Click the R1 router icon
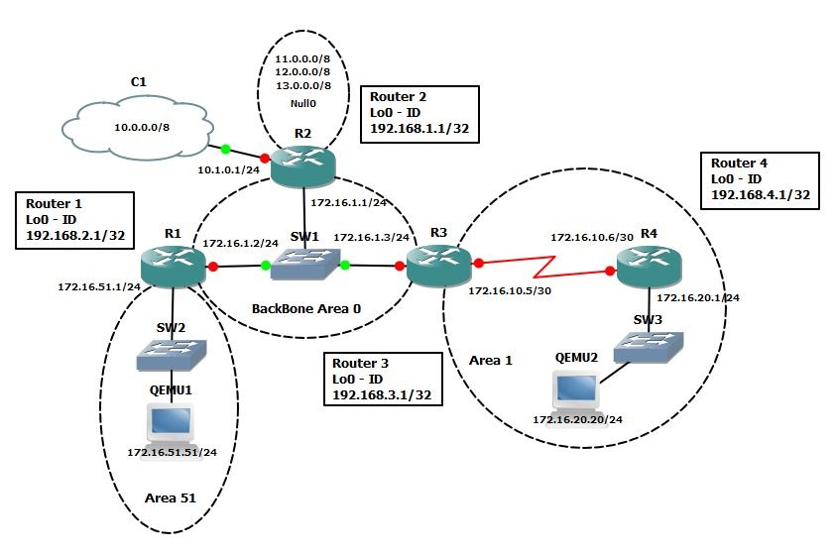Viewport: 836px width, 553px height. click(x=174, y=265)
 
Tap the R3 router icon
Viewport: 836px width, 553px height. click(x=438, y=265)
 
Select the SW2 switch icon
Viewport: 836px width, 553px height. click(x=174, y=349)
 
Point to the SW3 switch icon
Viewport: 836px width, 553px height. click(x=649, y=344)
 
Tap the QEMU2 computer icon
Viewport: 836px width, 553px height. click(x=577, y=392)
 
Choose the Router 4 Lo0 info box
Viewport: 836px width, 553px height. click(x=761, y=179)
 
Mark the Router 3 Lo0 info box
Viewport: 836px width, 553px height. click(x=383, y=379)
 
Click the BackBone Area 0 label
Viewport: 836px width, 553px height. click(x=306, y=308)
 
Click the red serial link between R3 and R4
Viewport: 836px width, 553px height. click(x=543, y=268)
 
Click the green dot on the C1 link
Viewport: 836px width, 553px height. click(x=225, y=150)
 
